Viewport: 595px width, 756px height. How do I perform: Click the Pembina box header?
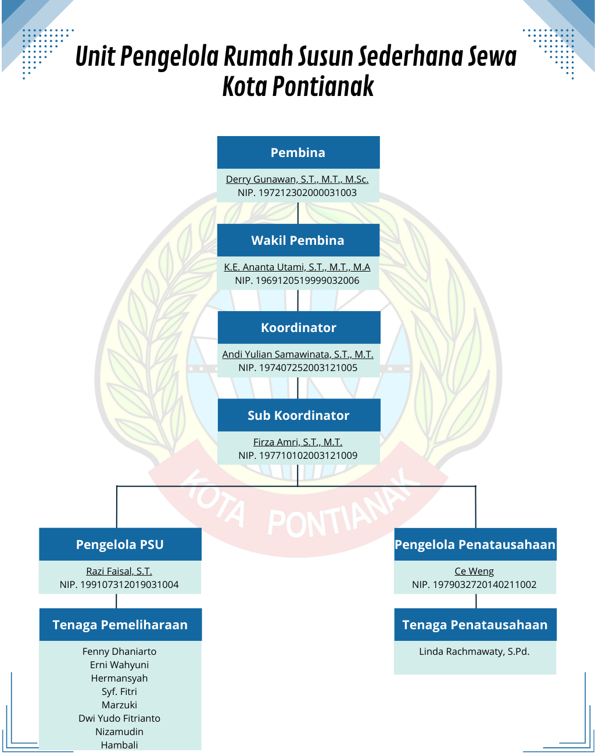(298, 152)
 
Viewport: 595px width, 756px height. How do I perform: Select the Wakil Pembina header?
(298, 240)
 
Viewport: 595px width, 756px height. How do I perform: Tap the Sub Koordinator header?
(299, 415)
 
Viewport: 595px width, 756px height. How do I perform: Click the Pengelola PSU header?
(120, 544)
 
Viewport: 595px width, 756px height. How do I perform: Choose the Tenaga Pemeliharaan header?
(120, 625)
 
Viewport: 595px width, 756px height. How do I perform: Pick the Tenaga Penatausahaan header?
(475, 625)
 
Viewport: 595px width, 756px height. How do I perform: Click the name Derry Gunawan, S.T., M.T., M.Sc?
(297, 179)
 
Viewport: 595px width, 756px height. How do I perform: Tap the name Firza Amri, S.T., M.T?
(297, 442)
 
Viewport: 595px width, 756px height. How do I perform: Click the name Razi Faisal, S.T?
(119, 571)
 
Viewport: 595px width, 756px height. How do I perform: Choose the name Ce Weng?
(474, 571)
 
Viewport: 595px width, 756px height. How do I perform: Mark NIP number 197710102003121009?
(297, 455)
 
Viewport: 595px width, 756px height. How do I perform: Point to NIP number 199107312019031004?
(119, 584)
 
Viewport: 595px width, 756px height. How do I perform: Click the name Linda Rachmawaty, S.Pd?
(474, 651)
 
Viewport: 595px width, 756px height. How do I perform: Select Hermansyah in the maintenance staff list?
(119, 678)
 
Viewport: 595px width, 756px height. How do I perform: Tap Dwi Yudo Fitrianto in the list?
(119, 718)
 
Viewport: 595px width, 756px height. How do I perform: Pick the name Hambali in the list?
(119, 745)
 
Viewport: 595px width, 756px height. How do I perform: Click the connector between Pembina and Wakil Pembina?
(298, 213)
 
